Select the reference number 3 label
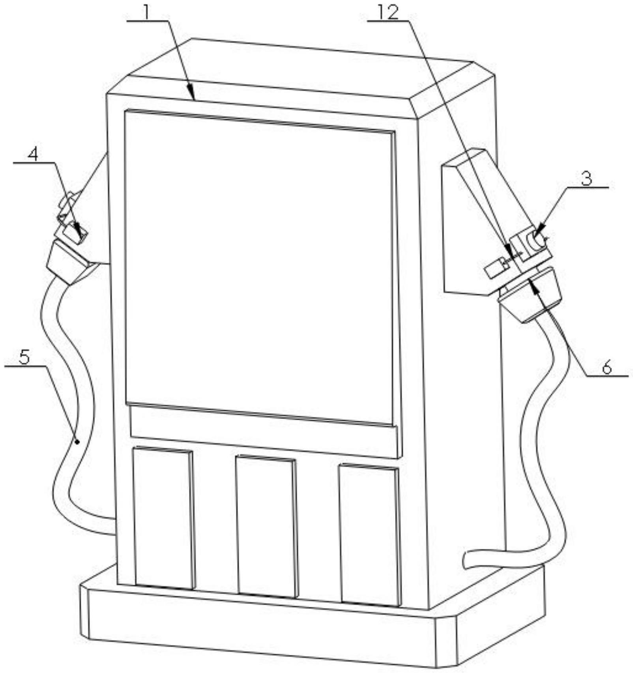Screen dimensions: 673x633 click(x=587, y=179)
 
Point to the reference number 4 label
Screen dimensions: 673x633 click(x=33, y=155)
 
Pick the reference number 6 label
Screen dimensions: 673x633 click(x=606, y=367)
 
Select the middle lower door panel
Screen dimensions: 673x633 click(x=266, y=526)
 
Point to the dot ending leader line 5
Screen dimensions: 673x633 click(x=78, y=442)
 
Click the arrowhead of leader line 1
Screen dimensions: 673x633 click(x=193, y=97)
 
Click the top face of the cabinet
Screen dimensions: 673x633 click(x=300, y=75)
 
